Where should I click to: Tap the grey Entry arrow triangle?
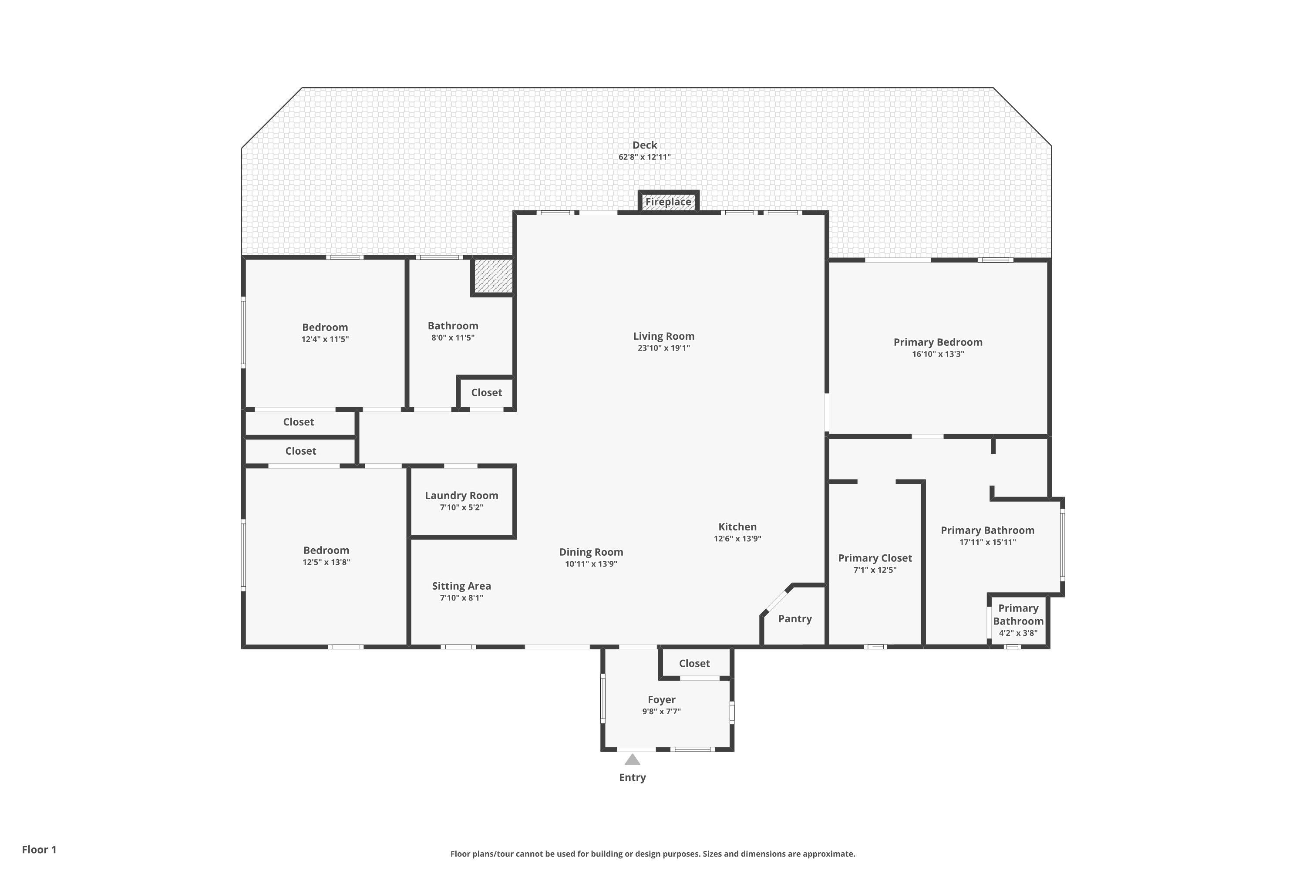click(633, 760)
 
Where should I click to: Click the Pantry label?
click(794, 619)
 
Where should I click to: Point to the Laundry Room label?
click(461, 496)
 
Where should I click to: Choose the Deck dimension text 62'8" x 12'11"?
click(645, 157)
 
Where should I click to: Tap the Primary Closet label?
click(875, 558)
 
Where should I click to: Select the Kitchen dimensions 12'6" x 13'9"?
click(737, 539)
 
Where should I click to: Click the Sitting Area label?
click(461, 586)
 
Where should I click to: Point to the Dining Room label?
click(591, 552)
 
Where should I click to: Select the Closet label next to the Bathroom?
click(486, 393)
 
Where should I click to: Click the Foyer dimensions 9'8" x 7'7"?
click(661, 712)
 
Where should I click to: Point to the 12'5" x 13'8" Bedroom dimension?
click(326, 562)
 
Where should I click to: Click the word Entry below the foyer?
click(633, 778)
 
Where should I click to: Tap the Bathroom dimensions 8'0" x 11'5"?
click(453, 338)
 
